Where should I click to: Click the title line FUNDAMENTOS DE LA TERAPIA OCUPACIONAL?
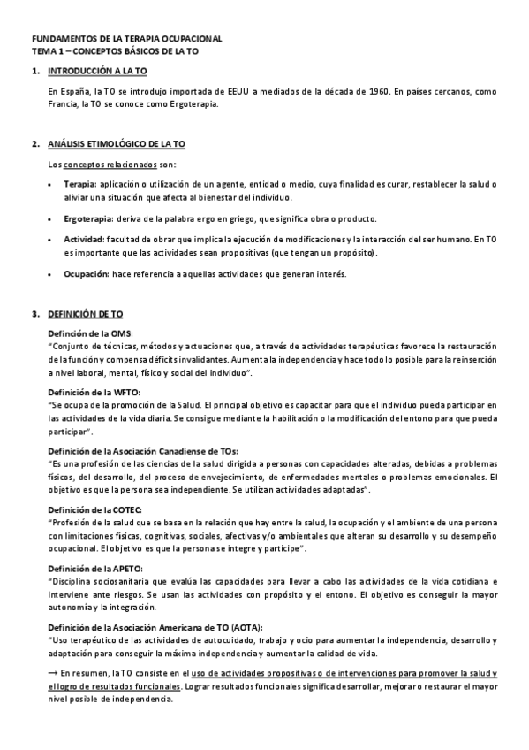click(x=127, y=40)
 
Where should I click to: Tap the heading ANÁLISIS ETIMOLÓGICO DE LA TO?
click(x=116, y=143)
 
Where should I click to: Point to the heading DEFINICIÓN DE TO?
click(x=86, y=314)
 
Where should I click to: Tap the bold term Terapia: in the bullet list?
click(x=79, y=183)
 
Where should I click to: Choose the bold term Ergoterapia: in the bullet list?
click(x=87, y=219)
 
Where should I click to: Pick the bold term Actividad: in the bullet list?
click(x=84, y=239)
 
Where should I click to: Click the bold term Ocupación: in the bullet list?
click(x=86, y=274)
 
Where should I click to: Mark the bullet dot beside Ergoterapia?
click(x=53, y=219)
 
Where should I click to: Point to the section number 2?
click(x=34, y=143)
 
